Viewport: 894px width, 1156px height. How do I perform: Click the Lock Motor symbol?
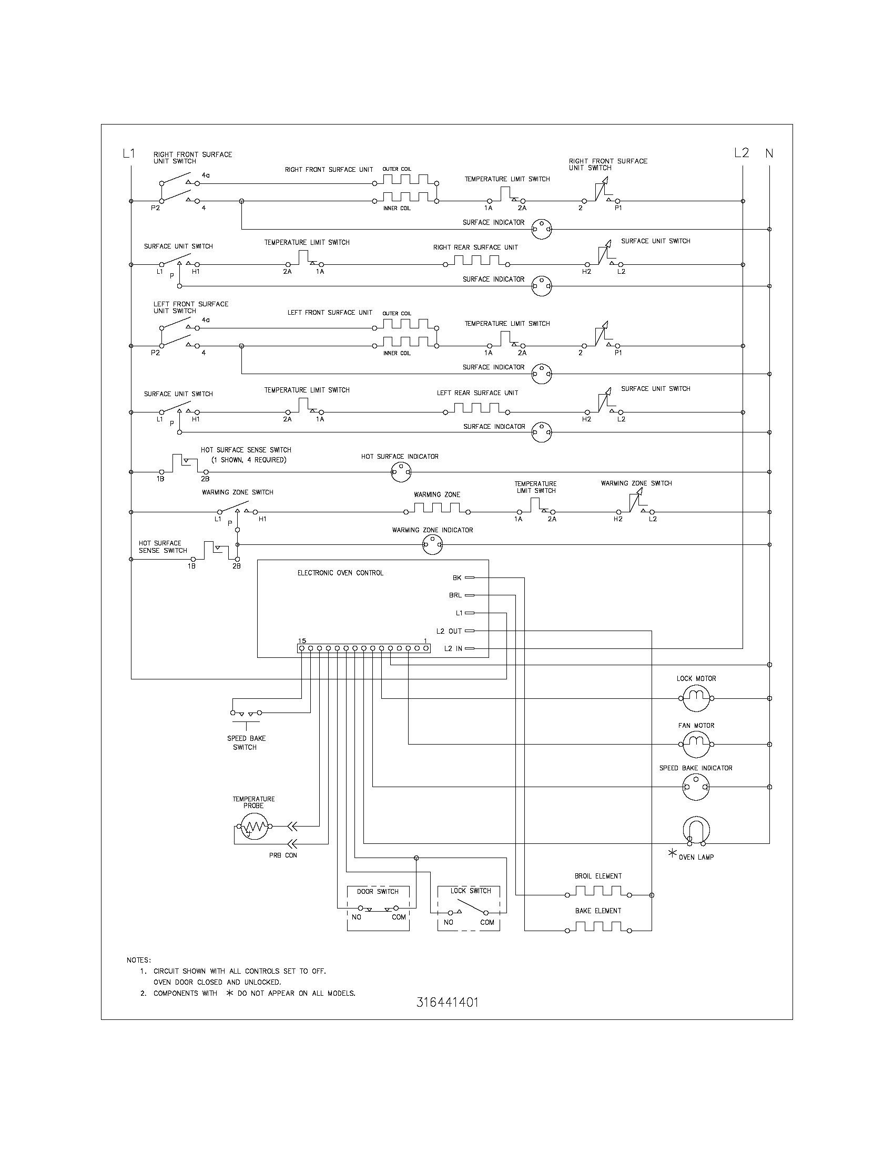point(696,698)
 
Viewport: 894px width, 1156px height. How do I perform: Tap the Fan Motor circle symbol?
point(696,745)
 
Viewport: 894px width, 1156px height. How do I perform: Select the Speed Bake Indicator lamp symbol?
point(696,787)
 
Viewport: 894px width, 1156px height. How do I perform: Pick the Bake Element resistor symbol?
point(598,929)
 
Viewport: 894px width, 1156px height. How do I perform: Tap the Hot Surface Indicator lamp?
point(401,471)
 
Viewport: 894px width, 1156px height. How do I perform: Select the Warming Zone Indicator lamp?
point(432,544)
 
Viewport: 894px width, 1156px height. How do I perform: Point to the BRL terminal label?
point(455,595)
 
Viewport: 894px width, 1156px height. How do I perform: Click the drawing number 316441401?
point(447,1002)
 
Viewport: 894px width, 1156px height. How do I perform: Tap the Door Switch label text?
point(377,891)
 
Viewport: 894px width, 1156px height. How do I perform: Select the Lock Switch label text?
point(470,891)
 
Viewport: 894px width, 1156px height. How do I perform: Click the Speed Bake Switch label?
point(246,742)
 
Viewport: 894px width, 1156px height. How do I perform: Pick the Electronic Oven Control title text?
point(340,573)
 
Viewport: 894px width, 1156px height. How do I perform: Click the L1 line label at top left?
point(129,153)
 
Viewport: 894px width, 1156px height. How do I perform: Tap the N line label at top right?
point(769,153)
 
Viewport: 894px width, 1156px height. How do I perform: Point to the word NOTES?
point(139,959)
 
